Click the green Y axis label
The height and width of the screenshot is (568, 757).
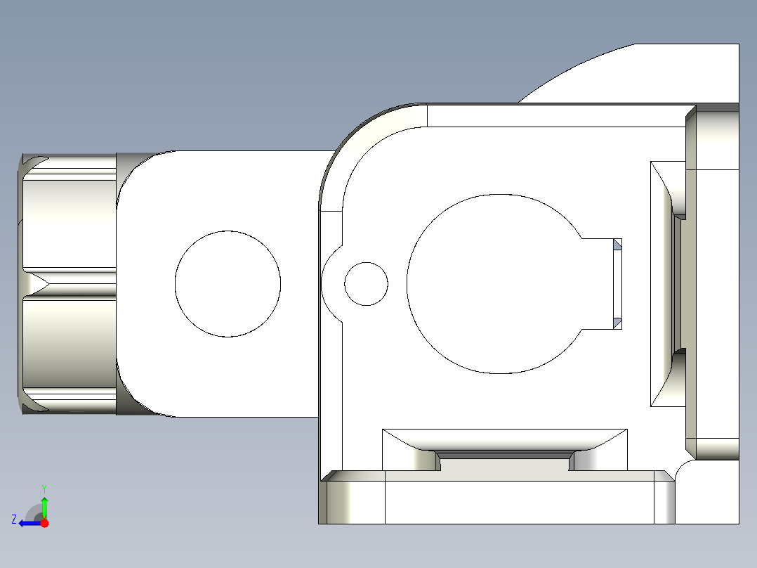44,487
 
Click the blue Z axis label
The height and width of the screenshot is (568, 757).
14,519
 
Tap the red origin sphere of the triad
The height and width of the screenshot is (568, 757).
45,523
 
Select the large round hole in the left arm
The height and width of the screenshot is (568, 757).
228,283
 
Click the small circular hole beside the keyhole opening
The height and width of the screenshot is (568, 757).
366,284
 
